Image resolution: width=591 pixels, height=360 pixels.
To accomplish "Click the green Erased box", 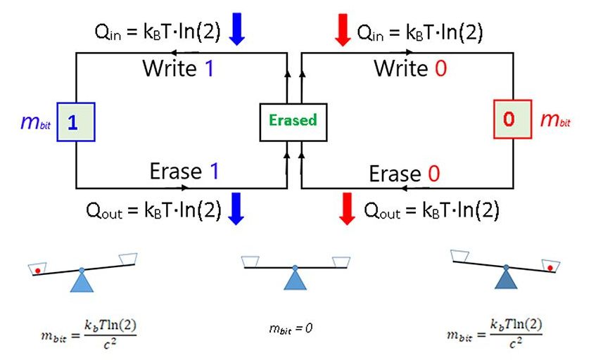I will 293,120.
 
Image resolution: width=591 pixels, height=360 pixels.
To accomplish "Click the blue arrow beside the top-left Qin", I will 237,32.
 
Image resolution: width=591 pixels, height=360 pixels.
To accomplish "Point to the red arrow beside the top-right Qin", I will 343,32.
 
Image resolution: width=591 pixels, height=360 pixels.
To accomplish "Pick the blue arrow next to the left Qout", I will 237,210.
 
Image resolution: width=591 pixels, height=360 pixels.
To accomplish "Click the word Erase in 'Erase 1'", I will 174,172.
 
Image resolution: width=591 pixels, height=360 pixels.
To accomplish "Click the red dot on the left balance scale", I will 38,271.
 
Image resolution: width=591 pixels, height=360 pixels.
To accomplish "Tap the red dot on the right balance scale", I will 549,268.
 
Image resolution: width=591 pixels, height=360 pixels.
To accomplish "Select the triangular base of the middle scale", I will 295,280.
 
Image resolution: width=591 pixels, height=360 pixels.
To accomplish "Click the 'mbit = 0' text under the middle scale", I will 291,327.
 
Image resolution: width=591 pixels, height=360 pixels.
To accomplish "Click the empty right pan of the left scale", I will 128,259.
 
